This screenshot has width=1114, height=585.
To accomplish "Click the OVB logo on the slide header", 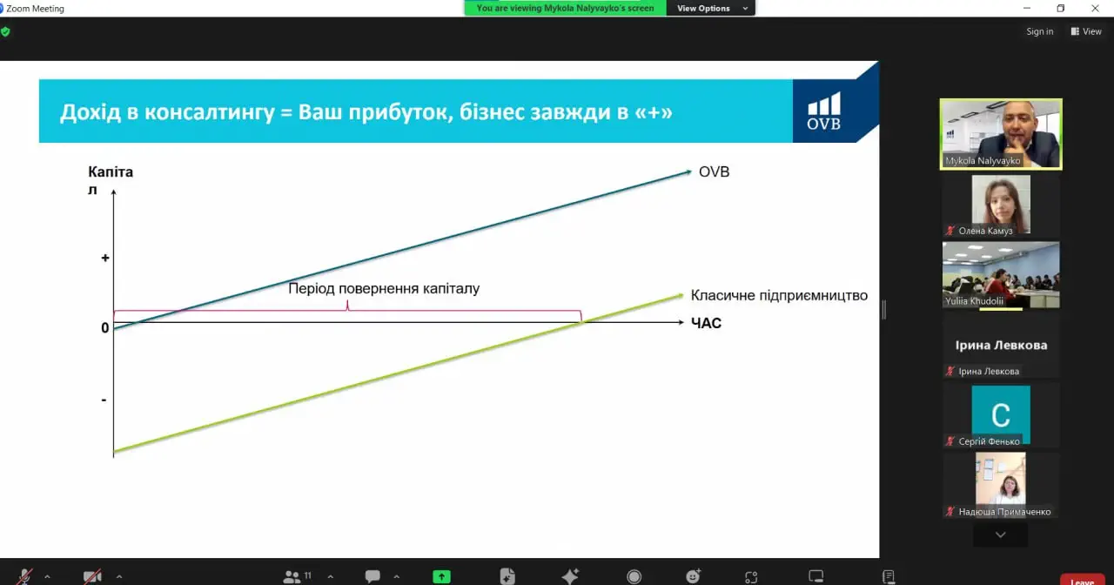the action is coord(823,111).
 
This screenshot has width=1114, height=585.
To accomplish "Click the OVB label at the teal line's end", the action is coord(714,171).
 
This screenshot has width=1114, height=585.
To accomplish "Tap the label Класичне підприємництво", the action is coord(779,295).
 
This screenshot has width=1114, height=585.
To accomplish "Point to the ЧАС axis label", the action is coord(706,323).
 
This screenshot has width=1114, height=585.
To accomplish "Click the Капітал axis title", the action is coord(111,180).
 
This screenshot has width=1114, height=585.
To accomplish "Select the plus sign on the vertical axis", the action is coord(105,258).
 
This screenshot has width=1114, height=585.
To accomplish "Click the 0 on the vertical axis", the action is coord(105,328).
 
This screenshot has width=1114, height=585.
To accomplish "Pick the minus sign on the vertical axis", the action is coord(104,400).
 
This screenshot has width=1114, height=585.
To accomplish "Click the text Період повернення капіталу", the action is coord(384,288).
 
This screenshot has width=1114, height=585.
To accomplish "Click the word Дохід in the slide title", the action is coord(91,112).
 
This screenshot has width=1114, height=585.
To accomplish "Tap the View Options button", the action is coord(711,8).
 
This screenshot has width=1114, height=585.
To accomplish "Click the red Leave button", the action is coord(1082,580).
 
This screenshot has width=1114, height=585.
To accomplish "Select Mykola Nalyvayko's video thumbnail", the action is coord(1001,134).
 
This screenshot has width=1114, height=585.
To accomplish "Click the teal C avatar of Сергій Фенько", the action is coord(1001,415).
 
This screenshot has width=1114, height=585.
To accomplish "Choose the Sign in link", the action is coord(1039,31).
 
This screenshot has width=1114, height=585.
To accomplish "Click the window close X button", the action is coord(1095,8).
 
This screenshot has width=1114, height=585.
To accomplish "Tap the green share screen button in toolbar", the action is coord(441,576).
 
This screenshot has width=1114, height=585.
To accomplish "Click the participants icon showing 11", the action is coord(297,576).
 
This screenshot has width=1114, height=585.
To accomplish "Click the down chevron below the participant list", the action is coord(1001,535).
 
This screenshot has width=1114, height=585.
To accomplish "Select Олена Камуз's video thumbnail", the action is coord(1001,205).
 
